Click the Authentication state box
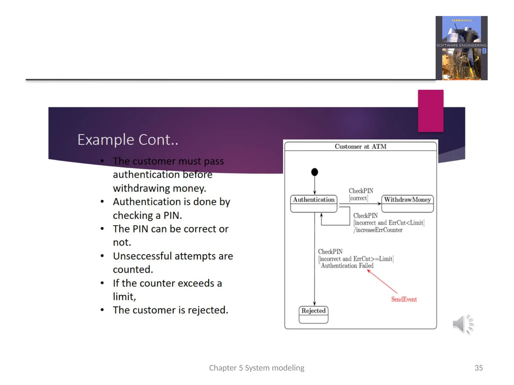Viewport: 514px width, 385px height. [313, 203]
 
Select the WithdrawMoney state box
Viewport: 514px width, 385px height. [407, 203]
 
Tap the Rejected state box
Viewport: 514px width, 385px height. [313, 314]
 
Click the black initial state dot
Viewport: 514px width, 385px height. [314, 172]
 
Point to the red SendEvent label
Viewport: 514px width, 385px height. [404, 299]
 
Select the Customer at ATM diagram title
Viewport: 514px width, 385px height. [360, 146]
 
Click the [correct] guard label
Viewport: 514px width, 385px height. [358, 198]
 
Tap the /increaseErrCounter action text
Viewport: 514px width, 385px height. [378, 230]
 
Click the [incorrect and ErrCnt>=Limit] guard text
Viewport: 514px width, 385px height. [356, 259]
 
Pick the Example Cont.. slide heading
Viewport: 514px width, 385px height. [128, 140]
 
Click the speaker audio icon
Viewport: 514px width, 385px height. [462, 324]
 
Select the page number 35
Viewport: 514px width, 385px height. [478, 368]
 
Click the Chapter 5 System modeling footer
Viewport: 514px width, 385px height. [256, 368]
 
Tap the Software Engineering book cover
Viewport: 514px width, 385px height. [461, 48]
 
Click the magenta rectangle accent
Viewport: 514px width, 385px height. [430, 111]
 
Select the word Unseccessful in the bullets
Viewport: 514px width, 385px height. [142, 256]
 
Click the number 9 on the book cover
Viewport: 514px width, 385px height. [484, 51]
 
